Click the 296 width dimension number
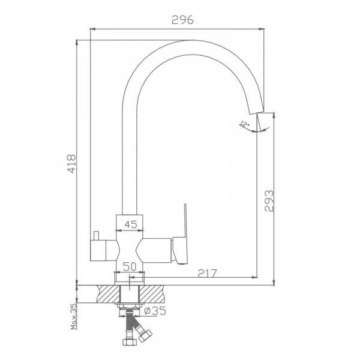(x=183, y=20)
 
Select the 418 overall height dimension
(x=71, y=164)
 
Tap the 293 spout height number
(x=269, y=201)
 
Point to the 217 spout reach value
(x=208, y=273)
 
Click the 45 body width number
(x=131, y=224)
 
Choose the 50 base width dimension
(x=130, y=267)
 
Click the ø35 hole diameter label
(x=155, y=311)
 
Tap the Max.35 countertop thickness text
(x=73, y=317)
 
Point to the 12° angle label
(x=244, y=124)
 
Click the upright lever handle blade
(x=185, y=220)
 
